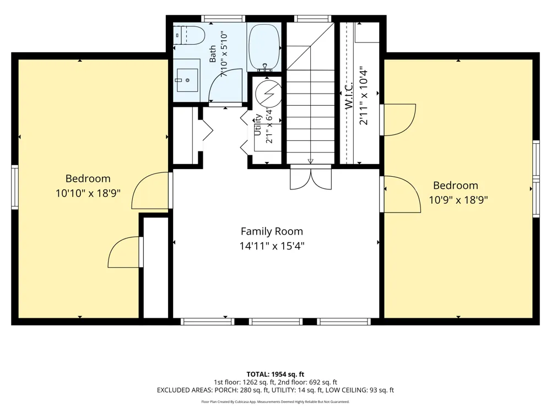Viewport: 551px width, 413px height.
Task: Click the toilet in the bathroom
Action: point(189,35)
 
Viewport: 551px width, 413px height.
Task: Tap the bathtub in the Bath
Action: point(264,46)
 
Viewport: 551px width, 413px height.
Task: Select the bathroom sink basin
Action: point(187,80)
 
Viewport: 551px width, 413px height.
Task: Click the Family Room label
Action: point(272,231)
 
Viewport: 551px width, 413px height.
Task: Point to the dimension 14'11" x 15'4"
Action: point(272,246)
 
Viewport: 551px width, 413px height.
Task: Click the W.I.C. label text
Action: point(349,95)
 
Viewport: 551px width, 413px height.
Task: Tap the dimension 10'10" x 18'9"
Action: point(88,193)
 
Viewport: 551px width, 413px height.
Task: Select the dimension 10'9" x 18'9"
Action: point(458,200)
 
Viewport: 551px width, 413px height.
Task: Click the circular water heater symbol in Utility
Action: point(268,94)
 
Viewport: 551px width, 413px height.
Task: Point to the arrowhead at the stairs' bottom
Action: point(310,161)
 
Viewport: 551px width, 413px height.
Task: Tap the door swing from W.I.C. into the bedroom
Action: point(398,119)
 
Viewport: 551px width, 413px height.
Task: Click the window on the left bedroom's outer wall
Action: point(15,188)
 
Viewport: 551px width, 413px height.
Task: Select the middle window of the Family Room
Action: point(276,322)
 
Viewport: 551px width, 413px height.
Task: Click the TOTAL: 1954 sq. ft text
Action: point(275,374)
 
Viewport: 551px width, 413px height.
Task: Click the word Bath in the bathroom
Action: point(213,54)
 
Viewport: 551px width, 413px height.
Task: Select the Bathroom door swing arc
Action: point(225,84)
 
